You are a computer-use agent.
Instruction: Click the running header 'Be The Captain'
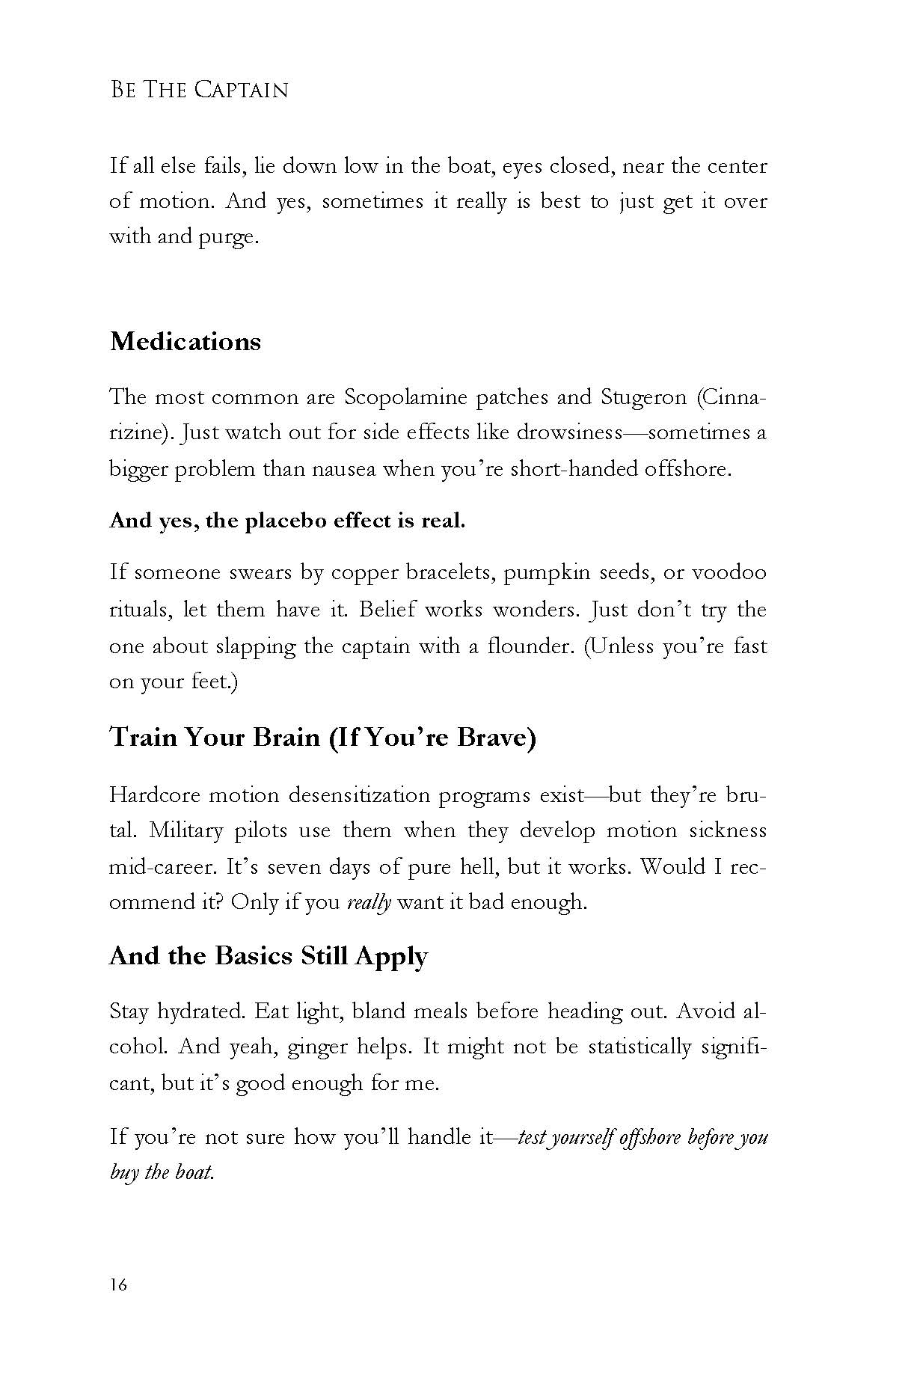(199, 90)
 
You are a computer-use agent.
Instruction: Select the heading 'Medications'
(185, 342)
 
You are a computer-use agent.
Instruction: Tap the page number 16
(118, 1285)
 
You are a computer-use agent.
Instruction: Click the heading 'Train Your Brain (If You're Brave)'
(322, 738)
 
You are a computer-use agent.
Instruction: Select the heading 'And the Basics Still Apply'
(269, 956)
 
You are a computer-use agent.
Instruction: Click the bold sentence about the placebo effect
(287, 521)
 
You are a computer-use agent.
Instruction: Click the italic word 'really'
(369, 902)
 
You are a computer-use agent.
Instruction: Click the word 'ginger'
(318, 1047)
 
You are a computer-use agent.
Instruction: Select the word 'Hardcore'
(153, 794)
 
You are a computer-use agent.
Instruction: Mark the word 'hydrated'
(200, 1011)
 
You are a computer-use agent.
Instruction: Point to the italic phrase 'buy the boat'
(162, 1172)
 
